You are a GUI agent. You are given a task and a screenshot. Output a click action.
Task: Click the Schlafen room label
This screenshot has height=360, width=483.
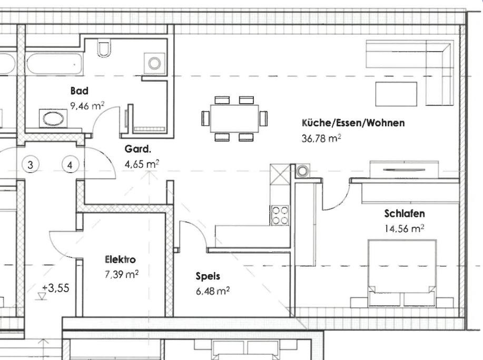tap(405, 214)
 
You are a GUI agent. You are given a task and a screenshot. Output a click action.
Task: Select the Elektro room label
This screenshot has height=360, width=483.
tap(121, 259)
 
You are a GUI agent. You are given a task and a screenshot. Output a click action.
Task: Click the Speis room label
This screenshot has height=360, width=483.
tap(208, 276)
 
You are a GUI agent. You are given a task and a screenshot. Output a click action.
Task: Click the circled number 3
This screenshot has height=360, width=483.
tap(31, 165)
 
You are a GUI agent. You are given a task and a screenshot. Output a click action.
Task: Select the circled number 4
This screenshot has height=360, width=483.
tap(70, 165)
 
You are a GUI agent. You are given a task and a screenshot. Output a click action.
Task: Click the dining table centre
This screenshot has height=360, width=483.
tap(234, 118)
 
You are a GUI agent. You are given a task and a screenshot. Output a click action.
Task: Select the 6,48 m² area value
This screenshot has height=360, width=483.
tap(212, 290)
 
